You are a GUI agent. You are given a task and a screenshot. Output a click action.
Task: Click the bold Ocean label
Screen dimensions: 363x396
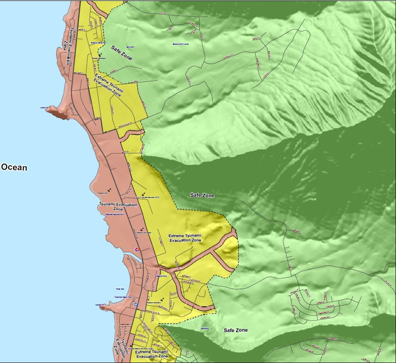(14, 167)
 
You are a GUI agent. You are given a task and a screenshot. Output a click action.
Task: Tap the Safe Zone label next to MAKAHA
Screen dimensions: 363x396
(121, 52)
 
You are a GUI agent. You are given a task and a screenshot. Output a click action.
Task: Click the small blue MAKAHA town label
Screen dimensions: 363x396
(130, 47)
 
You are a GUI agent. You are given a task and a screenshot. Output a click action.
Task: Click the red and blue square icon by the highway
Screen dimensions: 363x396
(137, 249)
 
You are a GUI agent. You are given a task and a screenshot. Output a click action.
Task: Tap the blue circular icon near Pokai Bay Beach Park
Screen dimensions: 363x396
(136, 304)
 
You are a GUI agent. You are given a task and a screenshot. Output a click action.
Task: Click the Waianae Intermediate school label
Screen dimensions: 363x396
(145, 232)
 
